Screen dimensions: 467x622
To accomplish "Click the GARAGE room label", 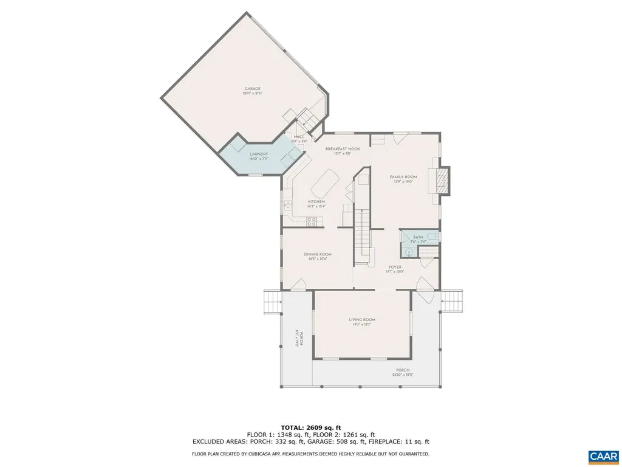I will pyautogui.click(x=253, y=89).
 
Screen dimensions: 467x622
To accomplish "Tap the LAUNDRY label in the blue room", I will pyautogui.click(x=258, y=154).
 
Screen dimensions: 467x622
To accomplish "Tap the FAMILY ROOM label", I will pyautogui.click(x=403, y=177).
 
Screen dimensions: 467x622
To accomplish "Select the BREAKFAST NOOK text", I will pyautogui.click(x=343, y=149).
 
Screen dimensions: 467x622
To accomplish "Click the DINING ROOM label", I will pyautogui.click(x=318, y=254).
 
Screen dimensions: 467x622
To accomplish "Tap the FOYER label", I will pyautogui.click(x=395, y=266).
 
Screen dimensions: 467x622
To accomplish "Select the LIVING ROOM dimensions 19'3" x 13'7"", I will pyautogui.click(x=362, y=325).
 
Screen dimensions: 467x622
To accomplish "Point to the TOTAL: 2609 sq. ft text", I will pyautogui.click(x=310, y=427).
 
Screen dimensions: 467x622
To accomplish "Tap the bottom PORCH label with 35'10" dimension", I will pyautogui.click(x=402, y=370).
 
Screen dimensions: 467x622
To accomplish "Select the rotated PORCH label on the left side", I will pyautogui.click(x=298, y=338).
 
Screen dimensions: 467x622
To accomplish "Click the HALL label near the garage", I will pyautogui.click(x=299, y=137).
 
